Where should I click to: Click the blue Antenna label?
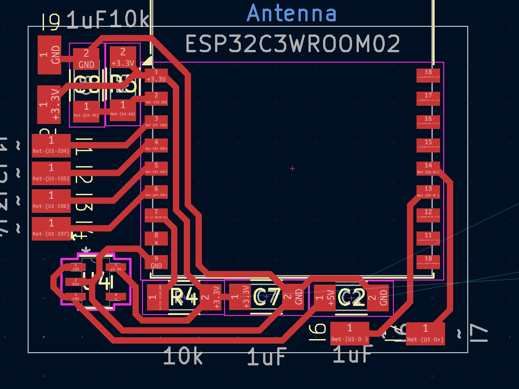click(292, 13)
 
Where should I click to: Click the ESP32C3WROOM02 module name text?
click(293, 44)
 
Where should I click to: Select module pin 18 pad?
click(428, 74)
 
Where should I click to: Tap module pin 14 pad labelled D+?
click(428, 168)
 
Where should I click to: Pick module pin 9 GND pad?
click(156, 262)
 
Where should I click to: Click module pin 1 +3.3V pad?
click(156, 75)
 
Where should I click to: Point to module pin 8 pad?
click(156, 238)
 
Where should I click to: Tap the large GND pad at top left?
click(49, 55)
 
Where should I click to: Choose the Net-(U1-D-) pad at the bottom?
click(349, 333)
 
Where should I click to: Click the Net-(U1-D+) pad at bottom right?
click(425, 333)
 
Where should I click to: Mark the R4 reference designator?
click(184, 297)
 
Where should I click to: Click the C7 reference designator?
click(266, 297)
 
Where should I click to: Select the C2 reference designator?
click(352, 298)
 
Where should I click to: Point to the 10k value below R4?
click(183, 357)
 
